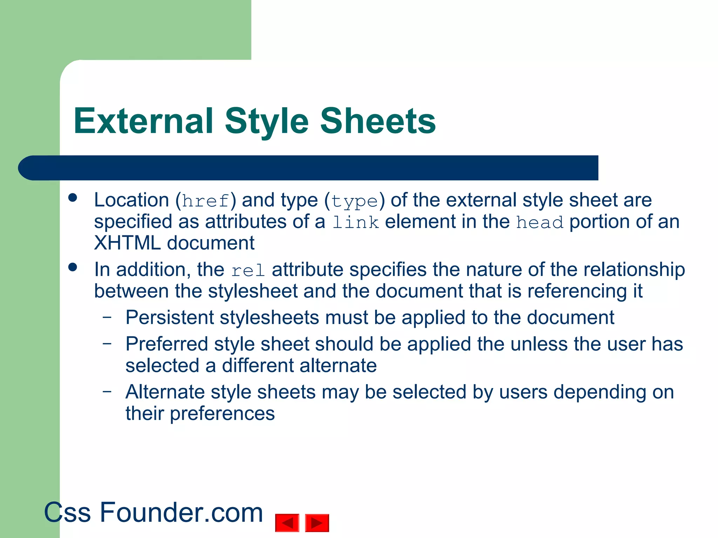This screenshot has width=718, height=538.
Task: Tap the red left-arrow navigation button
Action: [x=287, y=523]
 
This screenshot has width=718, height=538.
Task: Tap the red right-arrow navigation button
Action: [x=317, y=523]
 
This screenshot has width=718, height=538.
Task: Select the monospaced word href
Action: [x=206, y=201]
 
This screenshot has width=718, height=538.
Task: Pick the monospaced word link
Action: [x=355, y=222]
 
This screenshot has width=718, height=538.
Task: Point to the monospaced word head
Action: [x=540, y=222]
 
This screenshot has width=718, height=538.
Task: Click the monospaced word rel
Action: [x=248, y=270]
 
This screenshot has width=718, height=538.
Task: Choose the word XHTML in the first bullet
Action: [x=127, y=243]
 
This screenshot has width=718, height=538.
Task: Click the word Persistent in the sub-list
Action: [x=170, y=318]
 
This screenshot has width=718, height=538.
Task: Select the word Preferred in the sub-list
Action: [x=167, y=344]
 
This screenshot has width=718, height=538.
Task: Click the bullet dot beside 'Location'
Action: [x=73, y=198]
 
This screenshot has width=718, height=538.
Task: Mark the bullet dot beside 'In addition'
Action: [x=73, y=268]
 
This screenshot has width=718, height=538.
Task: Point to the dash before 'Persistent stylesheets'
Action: [x=107, y=317]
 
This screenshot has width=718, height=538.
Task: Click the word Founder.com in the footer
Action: [x=181, y=512]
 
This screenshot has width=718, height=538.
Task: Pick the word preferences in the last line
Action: [x=222, y=414]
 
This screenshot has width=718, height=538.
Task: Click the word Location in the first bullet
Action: [x=131, y=200]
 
